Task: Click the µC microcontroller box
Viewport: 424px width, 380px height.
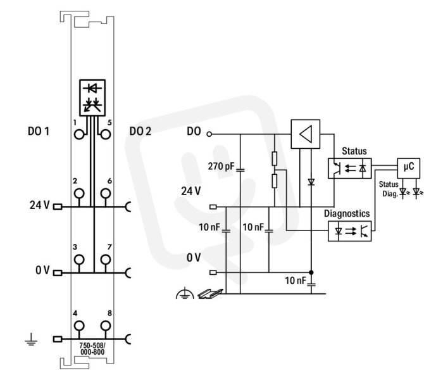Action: point(408,168)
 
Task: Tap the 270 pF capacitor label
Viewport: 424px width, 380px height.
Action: point(221,166)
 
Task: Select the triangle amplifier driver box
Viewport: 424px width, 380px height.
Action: point(305,134)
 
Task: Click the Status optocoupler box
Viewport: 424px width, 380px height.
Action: point(349,168)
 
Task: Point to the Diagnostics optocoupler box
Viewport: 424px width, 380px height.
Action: point(349,231)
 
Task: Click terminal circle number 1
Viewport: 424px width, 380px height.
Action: point(79,134)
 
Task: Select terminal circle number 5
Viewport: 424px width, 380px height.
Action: point(106,134)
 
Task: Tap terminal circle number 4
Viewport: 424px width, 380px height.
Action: point(79,326)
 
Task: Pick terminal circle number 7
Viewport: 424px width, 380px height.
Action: point(106,259)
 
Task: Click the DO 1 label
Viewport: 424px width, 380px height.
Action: point(39,131)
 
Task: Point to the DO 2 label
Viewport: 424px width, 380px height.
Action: point(140,131)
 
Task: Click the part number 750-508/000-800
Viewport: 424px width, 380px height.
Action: point(92,348)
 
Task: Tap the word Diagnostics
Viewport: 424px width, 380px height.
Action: point(347,213)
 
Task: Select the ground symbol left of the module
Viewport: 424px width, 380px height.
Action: point(31,339)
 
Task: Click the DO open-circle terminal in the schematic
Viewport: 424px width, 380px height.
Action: point(209,134)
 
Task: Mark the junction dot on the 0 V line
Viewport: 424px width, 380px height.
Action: point(311,272)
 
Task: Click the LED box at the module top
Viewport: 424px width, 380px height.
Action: point(92,98)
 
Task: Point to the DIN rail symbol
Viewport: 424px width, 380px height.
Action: point(211,294)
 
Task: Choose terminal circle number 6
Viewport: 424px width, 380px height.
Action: point(106,193)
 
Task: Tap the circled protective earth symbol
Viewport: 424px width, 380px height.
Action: point(185,293)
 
